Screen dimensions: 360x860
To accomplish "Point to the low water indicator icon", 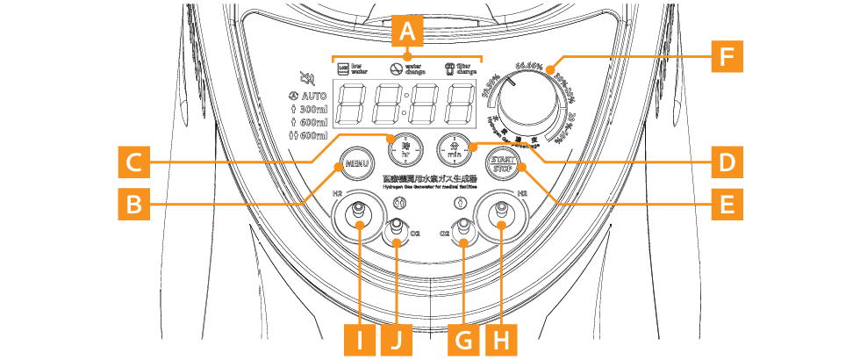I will [x=343, y=68].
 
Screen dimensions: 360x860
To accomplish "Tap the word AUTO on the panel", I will [x=313, y=95].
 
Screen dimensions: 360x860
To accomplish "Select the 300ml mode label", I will [x=307, y=109].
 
